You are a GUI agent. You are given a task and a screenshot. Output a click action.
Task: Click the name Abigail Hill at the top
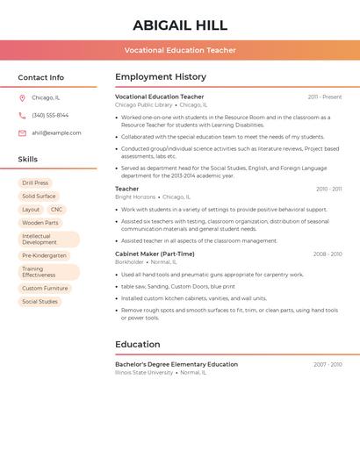pyautogui.click(x=180, y=25)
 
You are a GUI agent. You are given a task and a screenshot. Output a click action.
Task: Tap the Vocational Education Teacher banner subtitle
pyautogui.click(x=180, y=50)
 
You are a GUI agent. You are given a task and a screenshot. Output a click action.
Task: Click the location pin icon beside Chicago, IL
pyautogui.click(x=22, y=98)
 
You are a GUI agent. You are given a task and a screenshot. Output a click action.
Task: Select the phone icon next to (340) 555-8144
pyautogui.click(x=22, y=116)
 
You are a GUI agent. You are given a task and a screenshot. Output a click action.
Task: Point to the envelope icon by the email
pyautogui.click(x=22, y=133)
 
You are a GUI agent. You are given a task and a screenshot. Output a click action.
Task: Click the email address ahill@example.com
pyautogui.click(x=56, y=133)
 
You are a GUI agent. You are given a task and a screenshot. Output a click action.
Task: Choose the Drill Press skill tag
pyautogui.click(x=35, y=183)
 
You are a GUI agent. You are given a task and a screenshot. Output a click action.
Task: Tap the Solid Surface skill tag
pyautogui.click(x=39, y=197)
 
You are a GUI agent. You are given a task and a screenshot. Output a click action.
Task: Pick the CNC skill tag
pyautogui.click(x=56, y=210)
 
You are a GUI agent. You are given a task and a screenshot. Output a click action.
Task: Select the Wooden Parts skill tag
pyautogui.click(x=40, y=223)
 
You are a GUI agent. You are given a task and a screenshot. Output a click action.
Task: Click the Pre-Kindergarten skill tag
pyautogui.click(x=44, y=256)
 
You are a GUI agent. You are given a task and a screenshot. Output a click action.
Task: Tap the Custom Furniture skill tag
pyautogui.click(x=45, y=289)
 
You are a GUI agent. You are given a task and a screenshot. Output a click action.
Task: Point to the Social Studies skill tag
pyautogui.click(x=40, y=302)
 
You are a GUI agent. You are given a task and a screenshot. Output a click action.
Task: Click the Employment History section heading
pyautogui.click(x=161, y=77)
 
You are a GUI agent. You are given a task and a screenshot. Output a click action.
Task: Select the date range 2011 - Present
pyautogui.click(x=325, y=97)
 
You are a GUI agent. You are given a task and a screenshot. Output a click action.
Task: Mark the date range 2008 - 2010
pyautogui.click(x=328, y=254)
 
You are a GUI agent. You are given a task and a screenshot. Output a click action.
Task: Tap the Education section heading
pyautogui.click(x=138, y=345)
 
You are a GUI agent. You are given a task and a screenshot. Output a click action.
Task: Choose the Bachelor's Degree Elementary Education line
pyautogui.click(x=176, y=364)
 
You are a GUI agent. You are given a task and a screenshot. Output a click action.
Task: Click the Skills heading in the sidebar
pyautogui.click(x=28, y=160)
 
